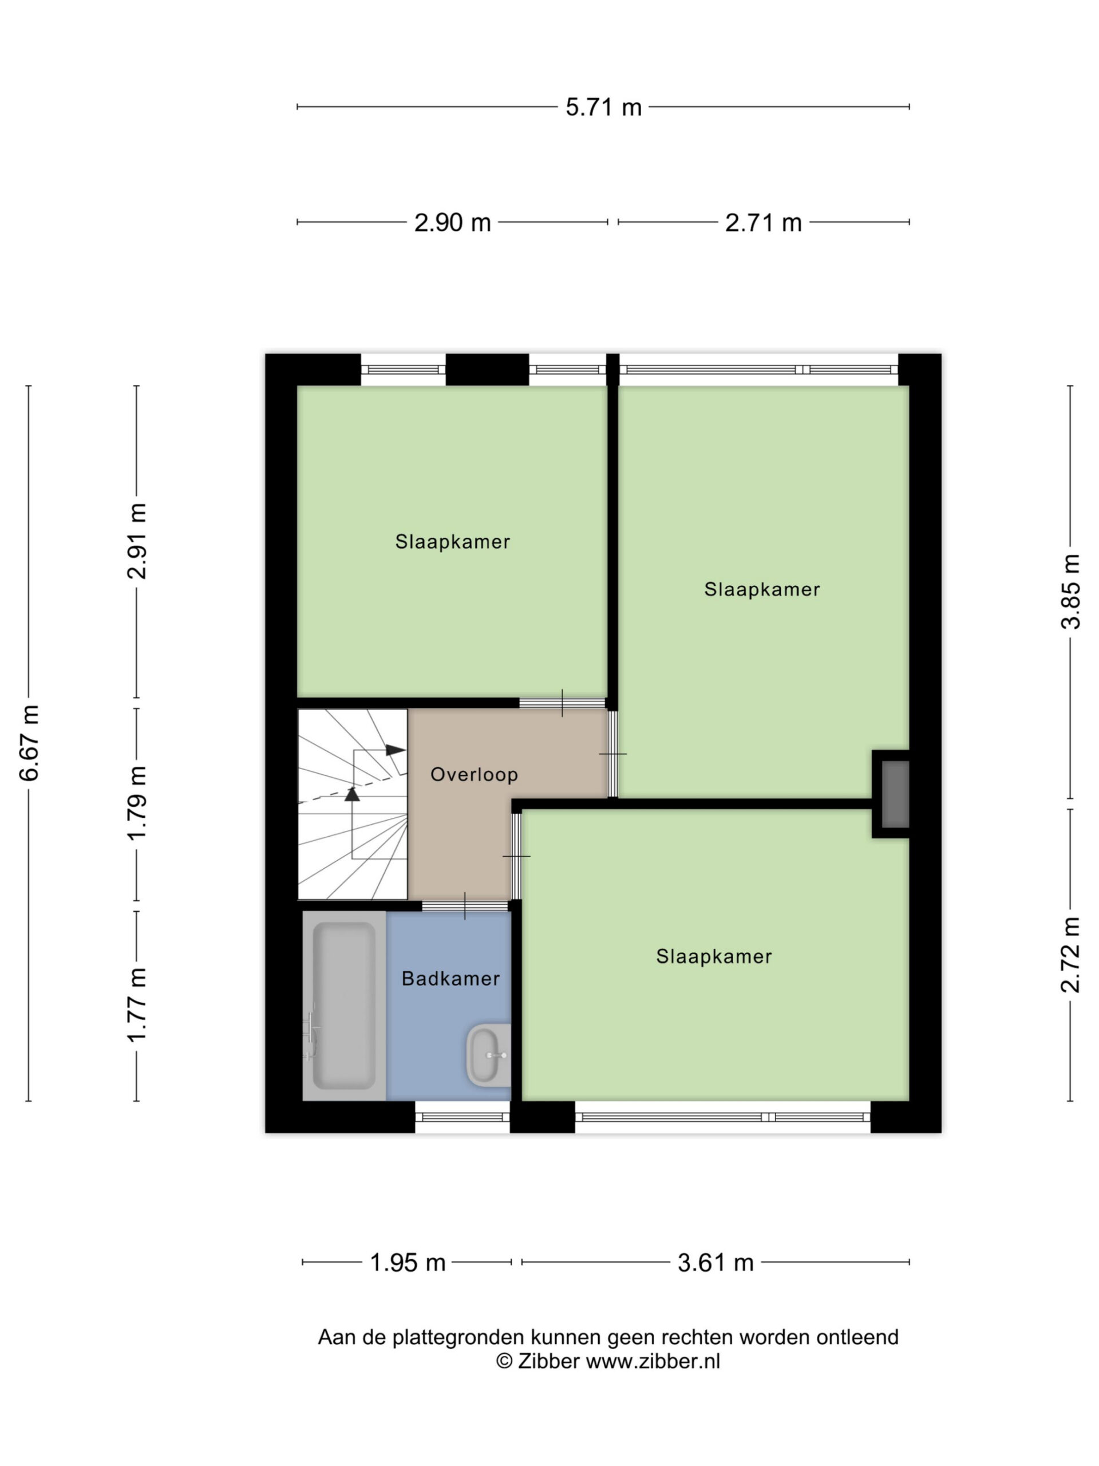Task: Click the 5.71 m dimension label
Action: (x=603, y=107)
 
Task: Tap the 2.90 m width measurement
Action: (x=452, y=222)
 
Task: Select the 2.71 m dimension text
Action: (x=763, y=222)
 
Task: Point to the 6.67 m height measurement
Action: (x=29, y=743)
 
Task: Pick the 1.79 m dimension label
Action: (x=137, y=803)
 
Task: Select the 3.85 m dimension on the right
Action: (x=1070, y=590)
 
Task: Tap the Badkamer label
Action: (x=450, y=978)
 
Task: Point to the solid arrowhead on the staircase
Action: (x=396, y=750)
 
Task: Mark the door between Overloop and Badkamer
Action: (x=465, y=906)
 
